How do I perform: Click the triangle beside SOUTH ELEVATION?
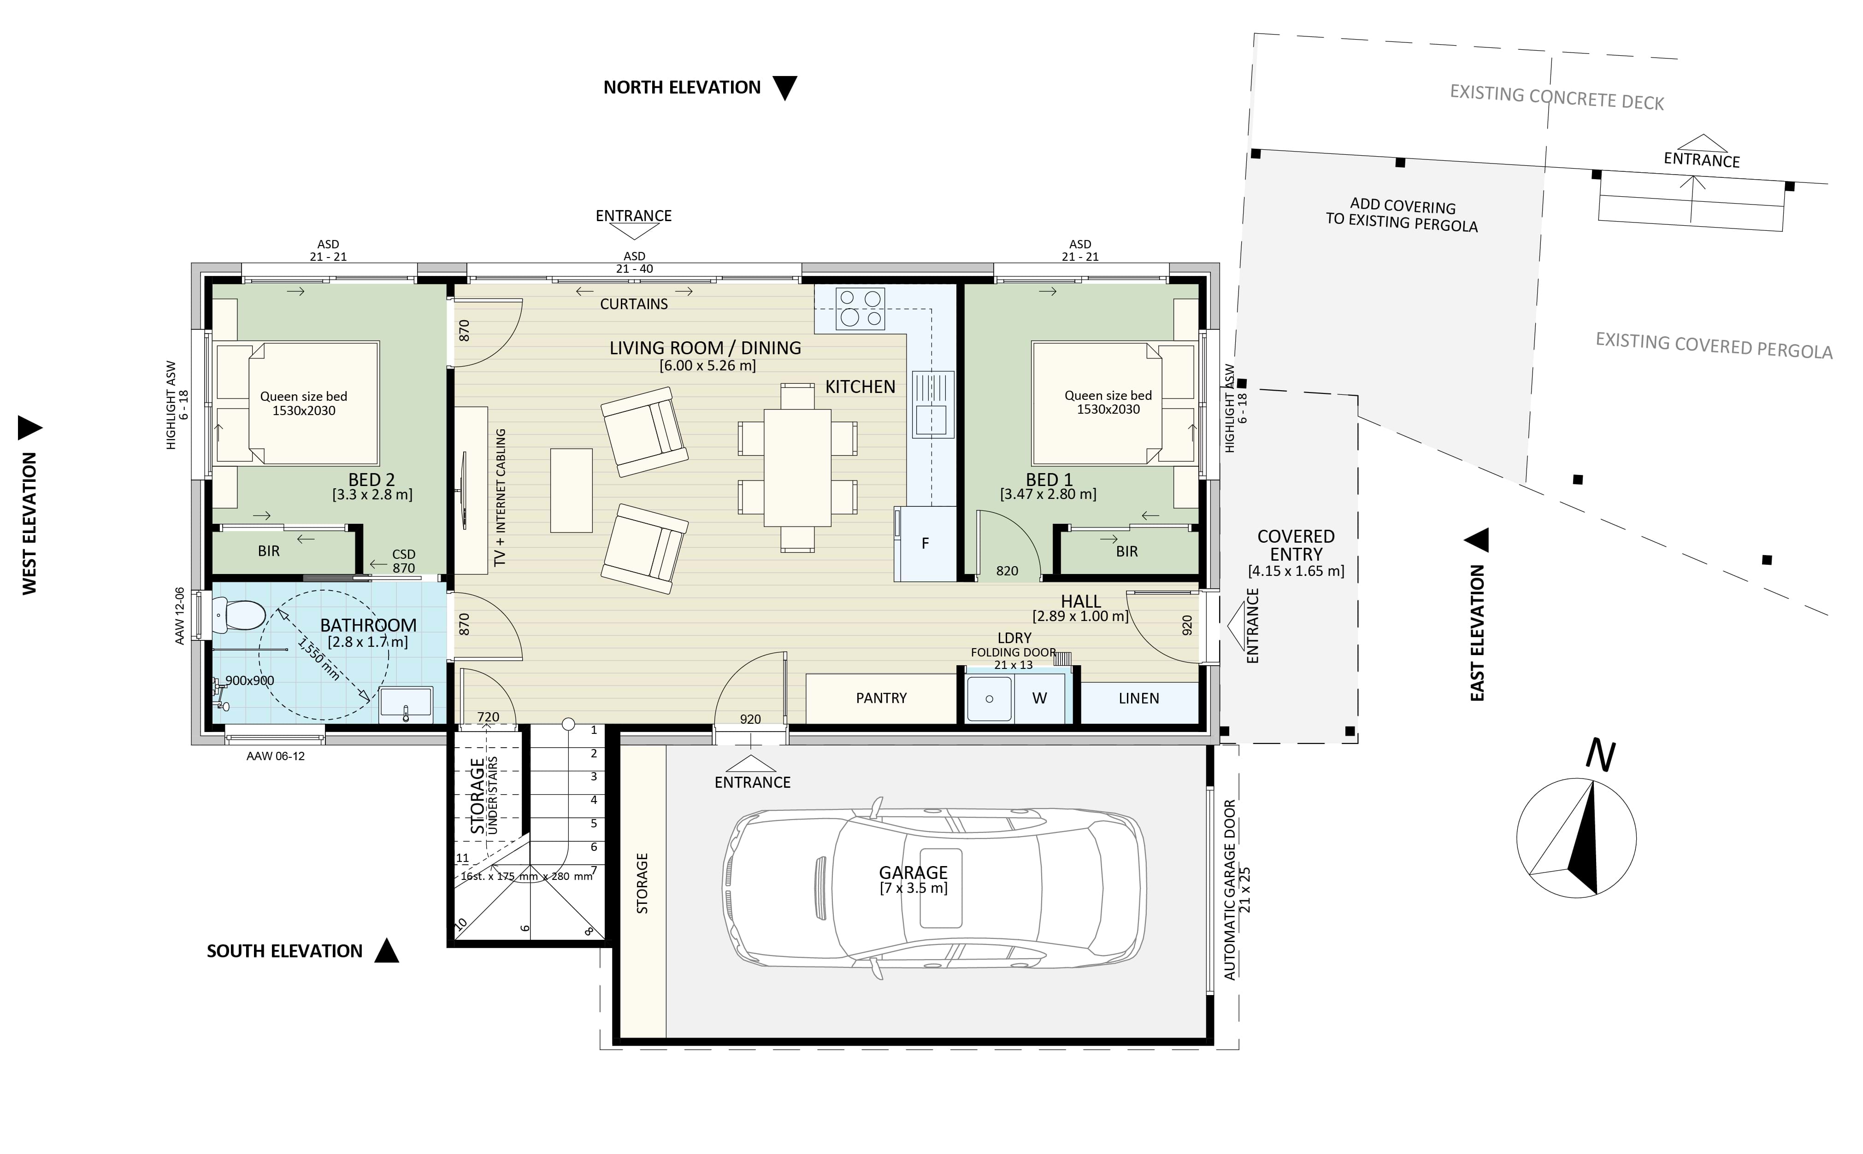point(386,951)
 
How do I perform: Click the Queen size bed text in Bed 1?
point(1108,395)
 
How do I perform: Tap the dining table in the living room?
point(797,467)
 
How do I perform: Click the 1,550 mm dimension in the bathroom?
point(318,658)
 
